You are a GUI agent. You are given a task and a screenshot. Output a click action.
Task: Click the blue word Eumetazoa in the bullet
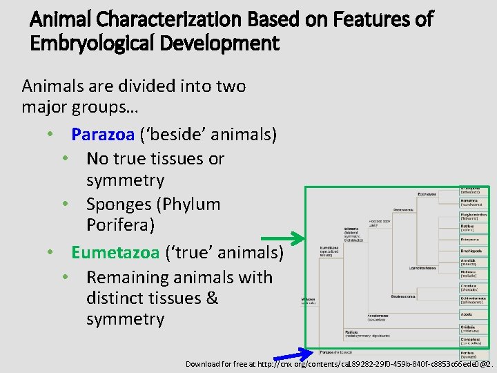[x=115, y=253]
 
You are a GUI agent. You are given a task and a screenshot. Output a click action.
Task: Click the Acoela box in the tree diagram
[x=474, y=314]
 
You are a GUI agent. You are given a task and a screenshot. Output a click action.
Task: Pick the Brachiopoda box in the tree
[x=474, y=251]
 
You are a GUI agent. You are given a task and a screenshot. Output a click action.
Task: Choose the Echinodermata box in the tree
[x=474, y=300]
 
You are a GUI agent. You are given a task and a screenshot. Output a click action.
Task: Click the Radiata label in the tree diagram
[x=352, y=333]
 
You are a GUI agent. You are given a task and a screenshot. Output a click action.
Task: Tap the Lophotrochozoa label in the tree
[x=421, y=267]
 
